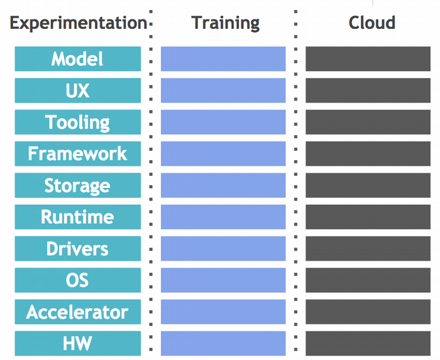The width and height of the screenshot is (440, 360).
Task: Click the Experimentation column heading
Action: (x=78, y=23)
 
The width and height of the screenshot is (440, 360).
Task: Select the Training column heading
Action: (x=225, y=23)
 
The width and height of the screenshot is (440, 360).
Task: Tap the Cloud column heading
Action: (x=371, y=23)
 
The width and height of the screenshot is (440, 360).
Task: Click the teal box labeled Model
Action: (x=78, y=59)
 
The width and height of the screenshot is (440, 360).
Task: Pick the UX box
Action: (x=78, y=90)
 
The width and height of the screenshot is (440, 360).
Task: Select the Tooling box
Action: (x=78, y=122)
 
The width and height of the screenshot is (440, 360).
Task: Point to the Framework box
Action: (x=78, y=154)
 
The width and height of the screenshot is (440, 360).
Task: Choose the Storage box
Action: (x=78, y=185)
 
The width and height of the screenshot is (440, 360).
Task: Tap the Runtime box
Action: (x=78, y=217)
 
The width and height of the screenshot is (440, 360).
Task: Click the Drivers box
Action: (x=78, y=249)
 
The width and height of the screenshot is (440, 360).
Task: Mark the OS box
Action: (x=78, y=280)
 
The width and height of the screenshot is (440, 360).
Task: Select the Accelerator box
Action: (x=78, y=312)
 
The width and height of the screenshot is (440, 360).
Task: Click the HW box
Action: (x=78, y=344)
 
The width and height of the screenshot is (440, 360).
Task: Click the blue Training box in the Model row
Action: (x=223, y=59)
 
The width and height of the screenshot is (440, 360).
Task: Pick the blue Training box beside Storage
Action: (x=223, y=185)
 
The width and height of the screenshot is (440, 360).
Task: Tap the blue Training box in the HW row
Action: (x=223, y=344)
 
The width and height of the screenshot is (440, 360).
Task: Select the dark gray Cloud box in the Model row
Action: (x=368, y=59)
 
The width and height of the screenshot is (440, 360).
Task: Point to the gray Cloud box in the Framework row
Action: (x=368, y=154)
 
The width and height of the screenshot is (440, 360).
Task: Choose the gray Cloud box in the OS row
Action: (x=368, y=280)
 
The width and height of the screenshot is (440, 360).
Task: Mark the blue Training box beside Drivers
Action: (x=223, y=249)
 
